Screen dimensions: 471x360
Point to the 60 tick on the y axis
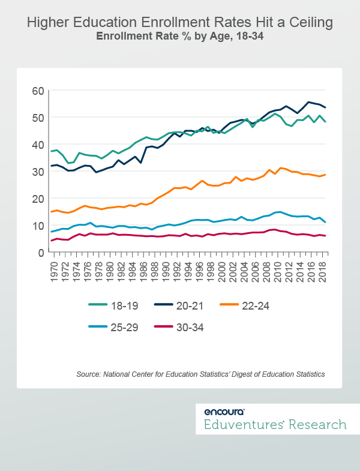click(x=38, y=91)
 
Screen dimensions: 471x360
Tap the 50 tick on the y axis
click(x=38, y=118)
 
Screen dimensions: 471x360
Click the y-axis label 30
click(x=38, y=172)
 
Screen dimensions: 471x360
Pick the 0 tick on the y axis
click(x=41, y=253)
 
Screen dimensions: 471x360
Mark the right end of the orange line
click(x=325, y=175)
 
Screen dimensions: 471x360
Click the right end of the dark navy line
click(x=325, y=107)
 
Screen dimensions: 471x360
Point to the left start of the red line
click(x=52, y=241)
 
